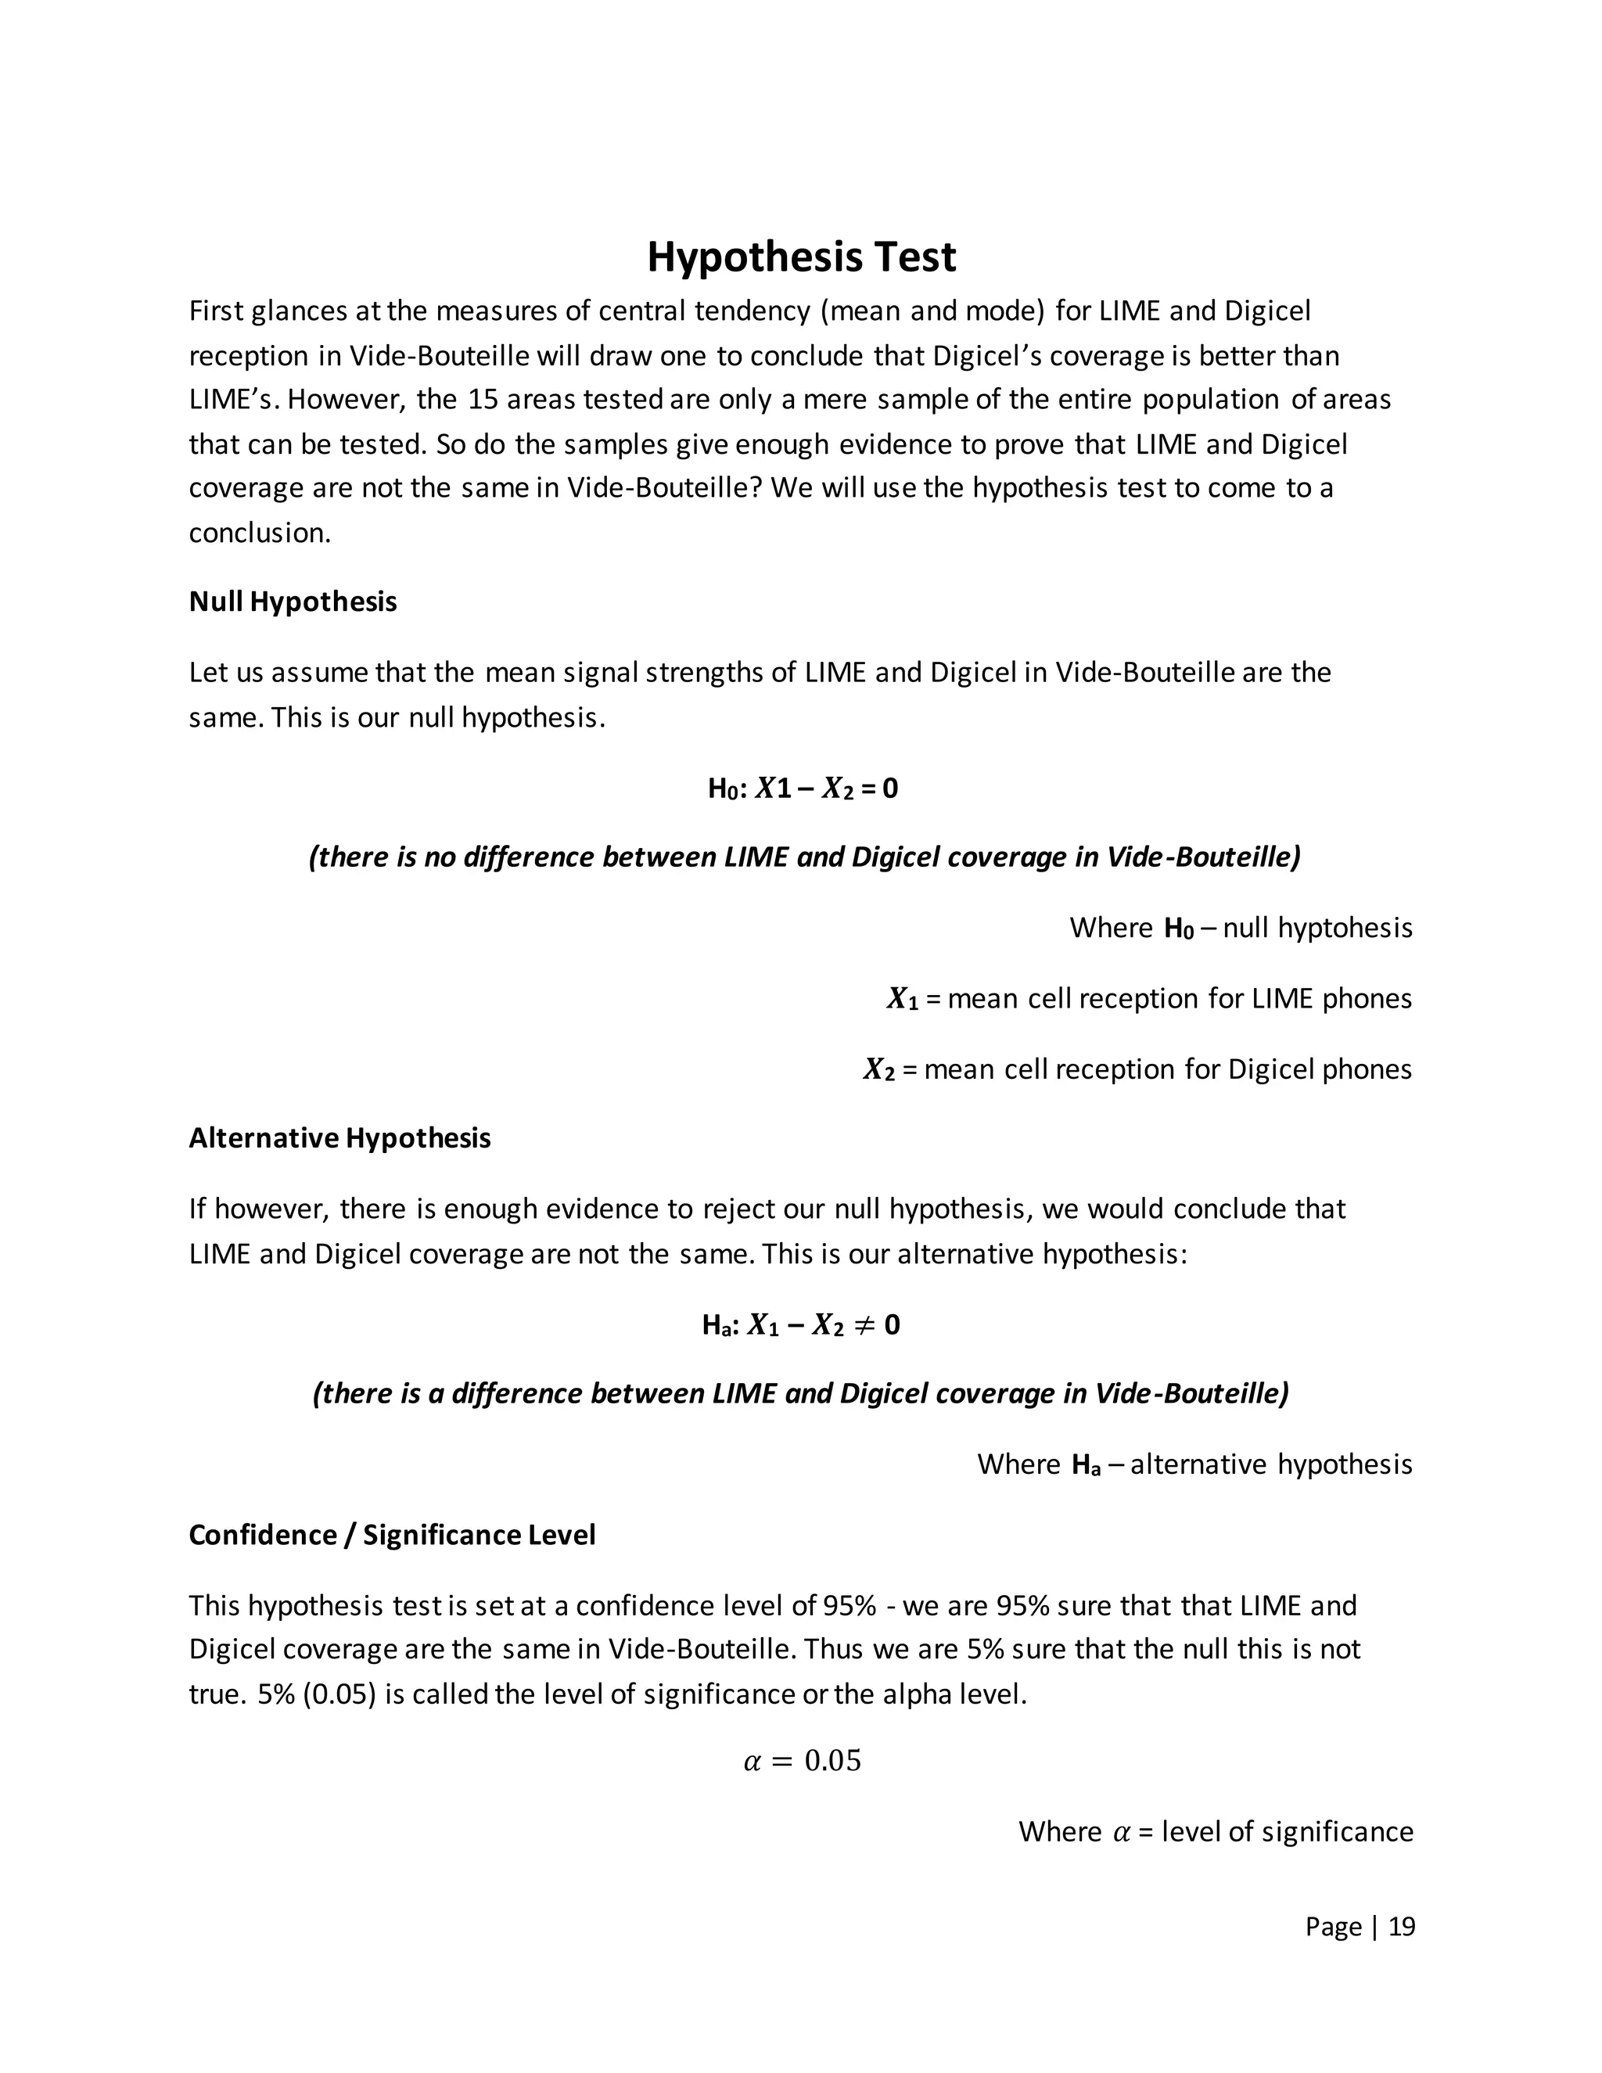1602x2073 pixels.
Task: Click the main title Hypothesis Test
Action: pos(801,257)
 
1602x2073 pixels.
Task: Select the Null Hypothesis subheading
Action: pos(293,602)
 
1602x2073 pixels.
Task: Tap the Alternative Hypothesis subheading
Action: pos(339,1138)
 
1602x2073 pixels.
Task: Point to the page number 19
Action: pos(1401,1926)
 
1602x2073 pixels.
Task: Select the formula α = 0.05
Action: pos(801,1761)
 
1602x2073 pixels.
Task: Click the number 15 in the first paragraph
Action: pos(483,400)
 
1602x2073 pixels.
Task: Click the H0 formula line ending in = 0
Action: pos(802,789)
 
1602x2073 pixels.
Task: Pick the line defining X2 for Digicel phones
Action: pos(1137,1069)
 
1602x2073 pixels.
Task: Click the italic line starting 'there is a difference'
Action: pos(801,1393)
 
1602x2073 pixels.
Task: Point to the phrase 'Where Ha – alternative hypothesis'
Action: pos(1194,1464)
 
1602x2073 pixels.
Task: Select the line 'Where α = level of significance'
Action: pos(1215,1831)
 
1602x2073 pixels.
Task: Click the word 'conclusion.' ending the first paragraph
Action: pos(260,534)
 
